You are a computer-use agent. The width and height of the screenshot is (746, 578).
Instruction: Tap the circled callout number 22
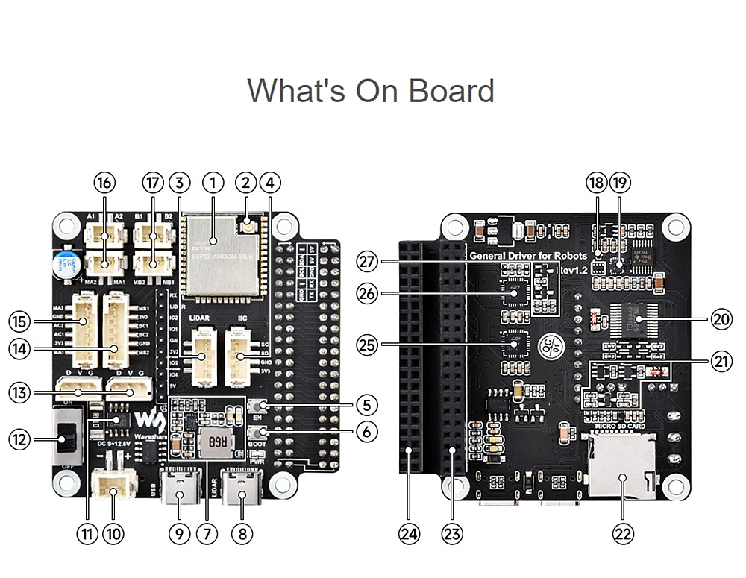tap(622, 533)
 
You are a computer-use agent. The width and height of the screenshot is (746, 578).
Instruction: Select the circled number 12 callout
tap(20, 440)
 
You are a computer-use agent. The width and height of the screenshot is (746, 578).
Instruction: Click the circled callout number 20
tap(720, 319)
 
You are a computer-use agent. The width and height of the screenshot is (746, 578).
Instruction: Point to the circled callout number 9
tap(180, 533)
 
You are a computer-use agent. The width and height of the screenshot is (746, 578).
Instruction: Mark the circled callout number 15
tap(20, 321)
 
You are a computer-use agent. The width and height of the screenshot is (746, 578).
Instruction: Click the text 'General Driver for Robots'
tap(528, 256)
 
